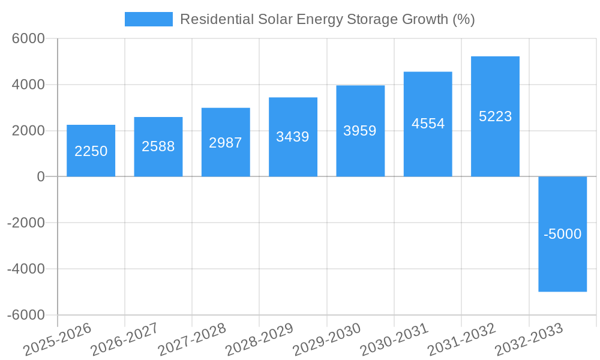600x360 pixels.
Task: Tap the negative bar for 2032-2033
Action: pyautogui.click(x=562, y=264)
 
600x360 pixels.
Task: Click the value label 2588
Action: pyautogui.click(x=158, y=146)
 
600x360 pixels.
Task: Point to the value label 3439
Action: pyautogui.click(x=292, y=137)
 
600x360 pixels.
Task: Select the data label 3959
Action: pyautogui.click(x=360, y=131)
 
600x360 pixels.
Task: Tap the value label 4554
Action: pyautogui.click(x=428, y=124)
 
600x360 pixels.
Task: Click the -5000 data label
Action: pyautogui.click(x=562, y=234)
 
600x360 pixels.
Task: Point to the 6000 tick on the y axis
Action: pyautogui.click(x=29, y=38)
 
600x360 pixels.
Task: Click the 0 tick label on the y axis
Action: pyautogui.click(x=41, y=176)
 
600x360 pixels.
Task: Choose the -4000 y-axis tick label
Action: pyautogui.click(x=26, y=269)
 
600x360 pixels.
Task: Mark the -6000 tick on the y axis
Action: pyautogui.click(x=26, y=315)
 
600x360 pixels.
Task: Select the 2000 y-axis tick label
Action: pyautogui.click(x=29, y=131)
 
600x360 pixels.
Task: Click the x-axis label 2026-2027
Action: pyautogui.click(x=125, y=340)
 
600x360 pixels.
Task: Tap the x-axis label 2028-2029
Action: pyautogui.click(x=260, y=340)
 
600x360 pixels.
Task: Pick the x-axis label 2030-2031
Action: pyautogui.click(x=394, y=340)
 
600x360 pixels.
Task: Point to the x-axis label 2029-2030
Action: pyautogui.click(x=327, y=340)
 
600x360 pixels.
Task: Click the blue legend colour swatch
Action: pyautogui.click(x=148, y=19)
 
